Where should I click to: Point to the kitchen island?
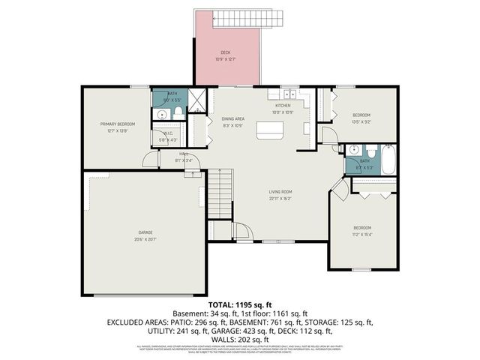tap(272, 130)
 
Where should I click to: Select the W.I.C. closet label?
tap(168, 134)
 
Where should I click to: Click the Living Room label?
tap(280, 192)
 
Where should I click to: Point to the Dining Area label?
tap(232, 118)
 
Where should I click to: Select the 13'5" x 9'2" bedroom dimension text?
tap(361, 121)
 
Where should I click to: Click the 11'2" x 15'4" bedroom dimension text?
tap(363, 233)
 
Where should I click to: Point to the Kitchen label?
tap(282, 106)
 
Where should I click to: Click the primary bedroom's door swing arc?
tap(150, 160)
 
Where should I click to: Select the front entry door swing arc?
tap(241, 231)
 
